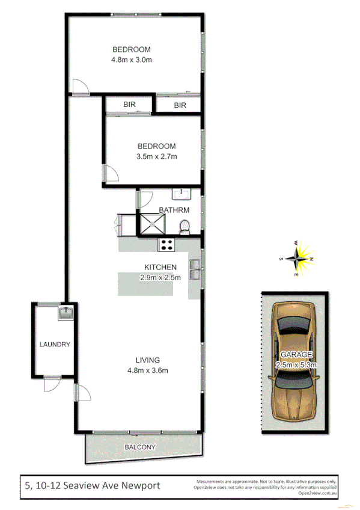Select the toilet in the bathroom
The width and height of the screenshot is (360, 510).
[185, 226]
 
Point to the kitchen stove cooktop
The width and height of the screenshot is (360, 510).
[166, 245]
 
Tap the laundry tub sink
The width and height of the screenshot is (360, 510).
[66, 313]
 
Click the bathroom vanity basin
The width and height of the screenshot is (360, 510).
[180, 194]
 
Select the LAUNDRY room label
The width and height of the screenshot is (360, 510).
[55, 345]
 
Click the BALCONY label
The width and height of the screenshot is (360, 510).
[141, 447]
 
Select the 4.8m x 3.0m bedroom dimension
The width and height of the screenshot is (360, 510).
[131, 60]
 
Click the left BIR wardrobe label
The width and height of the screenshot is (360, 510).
[129, 105]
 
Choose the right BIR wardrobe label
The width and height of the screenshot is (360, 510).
[180, 105]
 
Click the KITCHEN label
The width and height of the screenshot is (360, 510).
[160, 267]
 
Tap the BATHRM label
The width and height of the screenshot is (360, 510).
[174, 210]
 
